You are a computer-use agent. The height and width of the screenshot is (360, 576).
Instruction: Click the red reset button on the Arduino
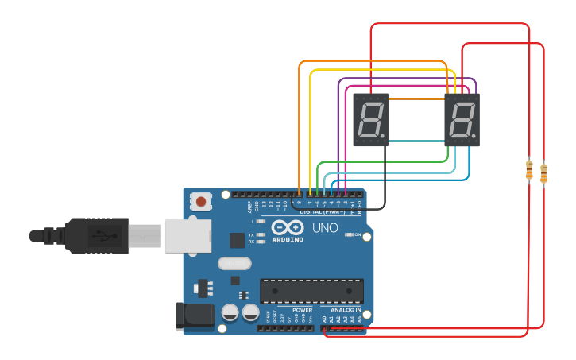(201, 202)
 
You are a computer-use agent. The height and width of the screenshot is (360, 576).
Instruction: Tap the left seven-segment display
(370, 120)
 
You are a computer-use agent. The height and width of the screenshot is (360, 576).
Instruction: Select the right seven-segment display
(462, 120)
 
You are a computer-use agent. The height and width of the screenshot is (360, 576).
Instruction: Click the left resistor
(529, 169)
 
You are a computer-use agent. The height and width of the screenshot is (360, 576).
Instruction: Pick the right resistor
(543, 173)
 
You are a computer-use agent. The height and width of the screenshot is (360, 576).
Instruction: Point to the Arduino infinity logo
(288, 226)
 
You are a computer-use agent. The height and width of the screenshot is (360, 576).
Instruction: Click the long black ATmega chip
(311, 291)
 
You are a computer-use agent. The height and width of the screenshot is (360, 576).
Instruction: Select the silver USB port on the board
(187, 236)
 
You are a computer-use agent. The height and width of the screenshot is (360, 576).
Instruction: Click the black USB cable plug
(95, 236)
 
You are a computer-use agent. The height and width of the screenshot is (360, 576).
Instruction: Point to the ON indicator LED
(348, 235)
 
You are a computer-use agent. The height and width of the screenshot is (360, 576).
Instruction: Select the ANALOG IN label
(346, 310)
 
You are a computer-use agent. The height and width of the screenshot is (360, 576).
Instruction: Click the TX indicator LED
(260, 235)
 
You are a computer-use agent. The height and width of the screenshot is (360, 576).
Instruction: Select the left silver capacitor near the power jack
(230, 312)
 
